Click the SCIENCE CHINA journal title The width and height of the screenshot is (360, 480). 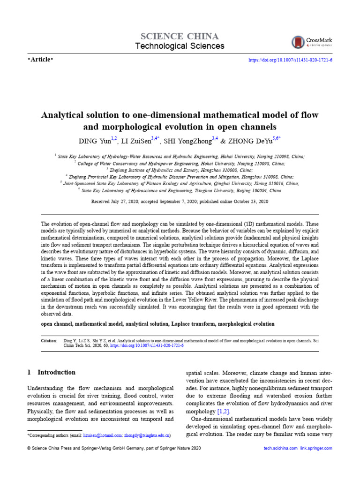pyautogui.click(x=180, y=36)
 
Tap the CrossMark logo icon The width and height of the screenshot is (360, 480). pyautogui.click(x=297, y=43)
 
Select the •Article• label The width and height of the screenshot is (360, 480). pyautogui.click(x=41, y=59)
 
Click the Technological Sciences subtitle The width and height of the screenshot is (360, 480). pyautogui.click(x=180, y=46)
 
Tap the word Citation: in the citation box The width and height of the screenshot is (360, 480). pyautogui.click(x=49, y=341)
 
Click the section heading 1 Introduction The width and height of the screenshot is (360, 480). pyautogui.click(x=52, y=372)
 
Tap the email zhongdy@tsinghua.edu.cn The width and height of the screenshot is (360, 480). pyautogui.click(x=148, y=435)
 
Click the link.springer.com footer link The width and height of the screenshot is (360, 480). pyautogui.click(x=316, y=449)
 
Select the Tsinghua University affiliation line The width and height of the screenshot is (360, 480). pyautogui.click(x=180, y=191)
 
